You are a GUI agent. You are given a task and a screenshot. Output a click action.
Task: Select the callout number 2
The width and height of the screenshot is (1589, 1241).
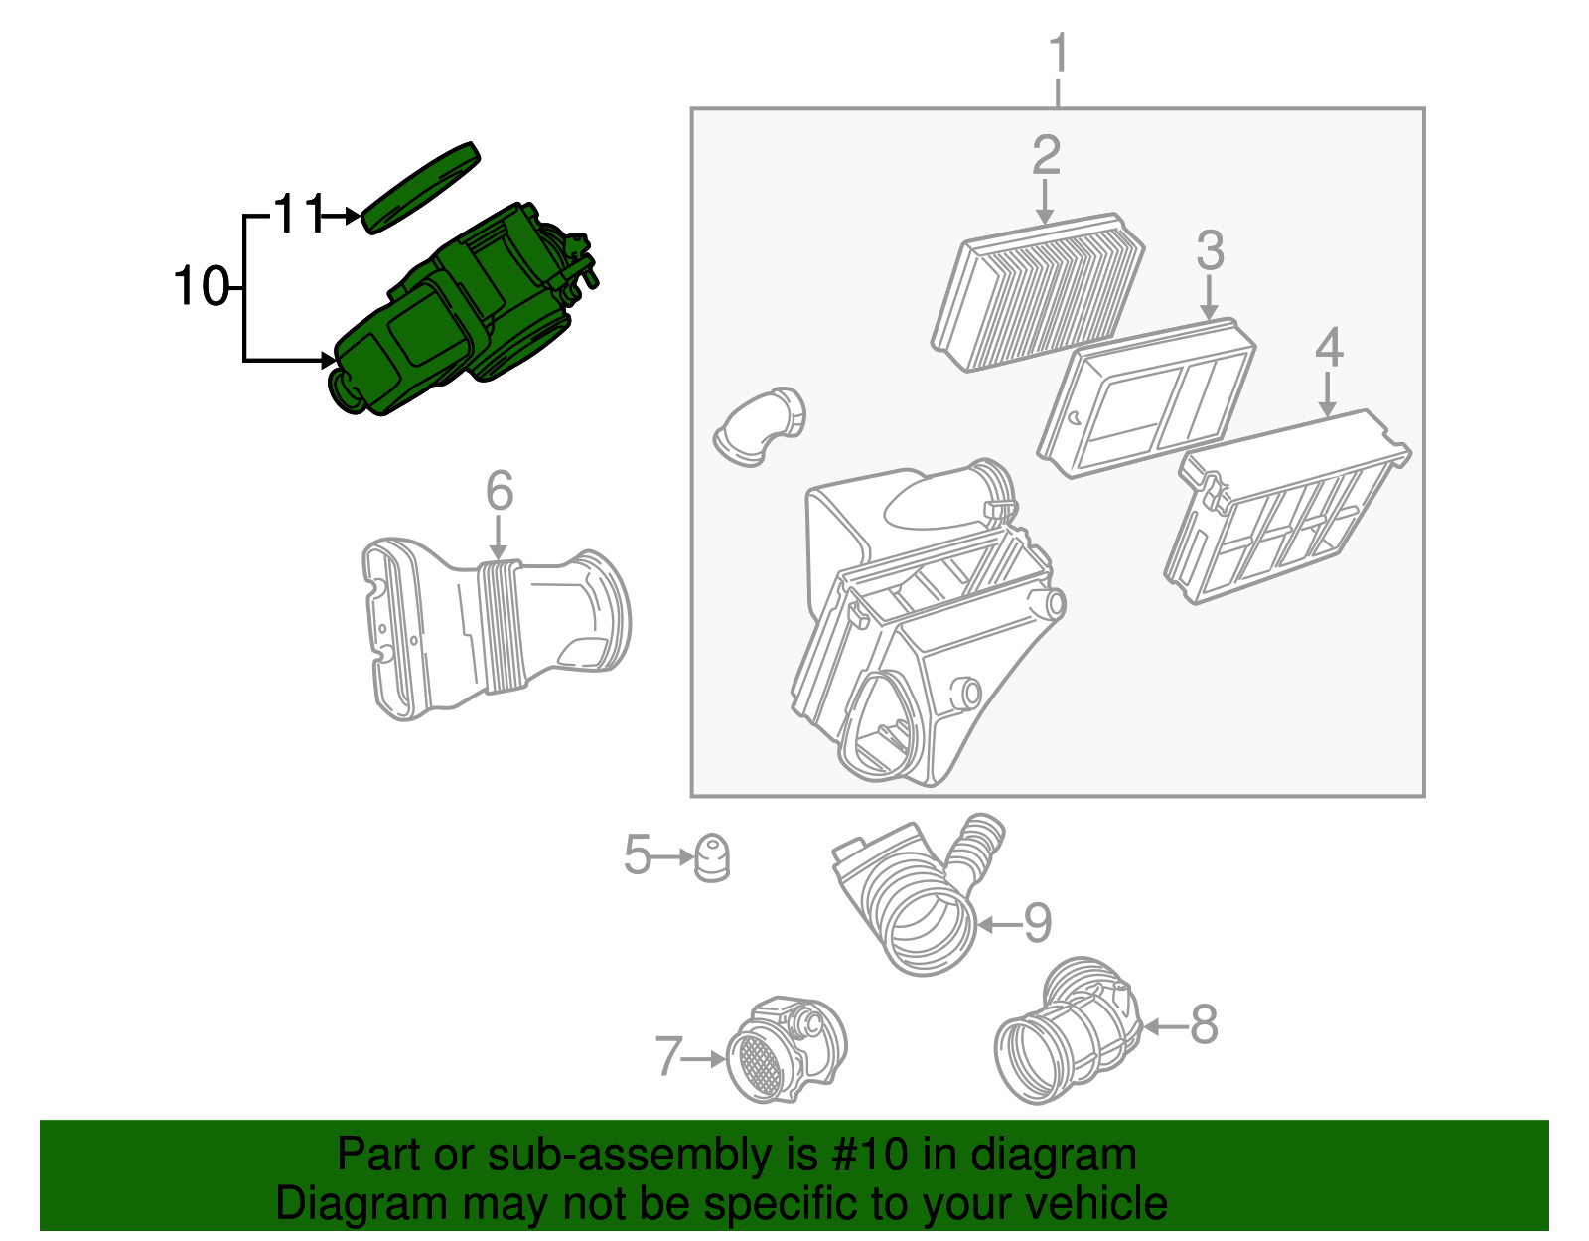pos(1046,156)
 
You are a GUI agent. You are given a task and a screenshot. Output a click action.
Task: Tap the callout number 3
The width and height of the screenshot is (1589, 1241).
pos(1210,250)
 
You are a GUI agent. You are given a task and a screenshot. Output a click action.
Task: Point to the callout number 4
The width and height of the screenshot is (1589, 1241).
pos(1329,348)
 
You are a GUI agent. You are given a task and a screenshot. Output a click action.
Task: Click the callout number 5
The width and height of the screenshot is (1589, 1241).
pos(637,854)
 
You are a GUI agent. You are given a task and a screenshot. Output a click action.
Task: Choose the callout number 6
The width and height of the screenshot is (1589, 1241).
pos(500,491)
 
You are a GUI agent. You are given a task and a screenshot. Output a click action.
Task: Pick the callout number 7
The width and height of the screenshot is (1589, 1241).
pos(668,1057)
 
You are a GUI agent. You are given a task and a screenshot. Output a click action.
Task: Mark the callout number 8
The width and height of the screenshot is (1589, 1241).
pos(1204,1023)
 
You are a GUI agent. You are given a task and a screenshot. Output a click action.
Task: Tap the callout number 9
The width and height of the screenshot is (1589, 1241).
pos(1037,923)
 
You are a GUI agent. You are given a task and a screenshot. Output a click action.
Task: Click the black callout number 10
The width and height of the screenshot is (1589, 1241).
pos(201,287)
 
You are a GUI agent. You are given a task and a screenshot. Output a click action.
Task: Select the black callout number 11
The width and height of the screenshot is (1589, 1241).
pos(299,214)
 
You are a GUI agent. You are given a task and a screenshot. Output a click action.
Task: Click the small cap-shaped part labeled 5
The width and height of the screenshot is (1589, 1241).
pos(711,857)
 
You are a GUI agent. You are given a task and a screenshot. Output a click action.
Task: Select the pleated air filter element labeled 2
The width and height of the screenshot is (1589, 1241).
pos(1039,290)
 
